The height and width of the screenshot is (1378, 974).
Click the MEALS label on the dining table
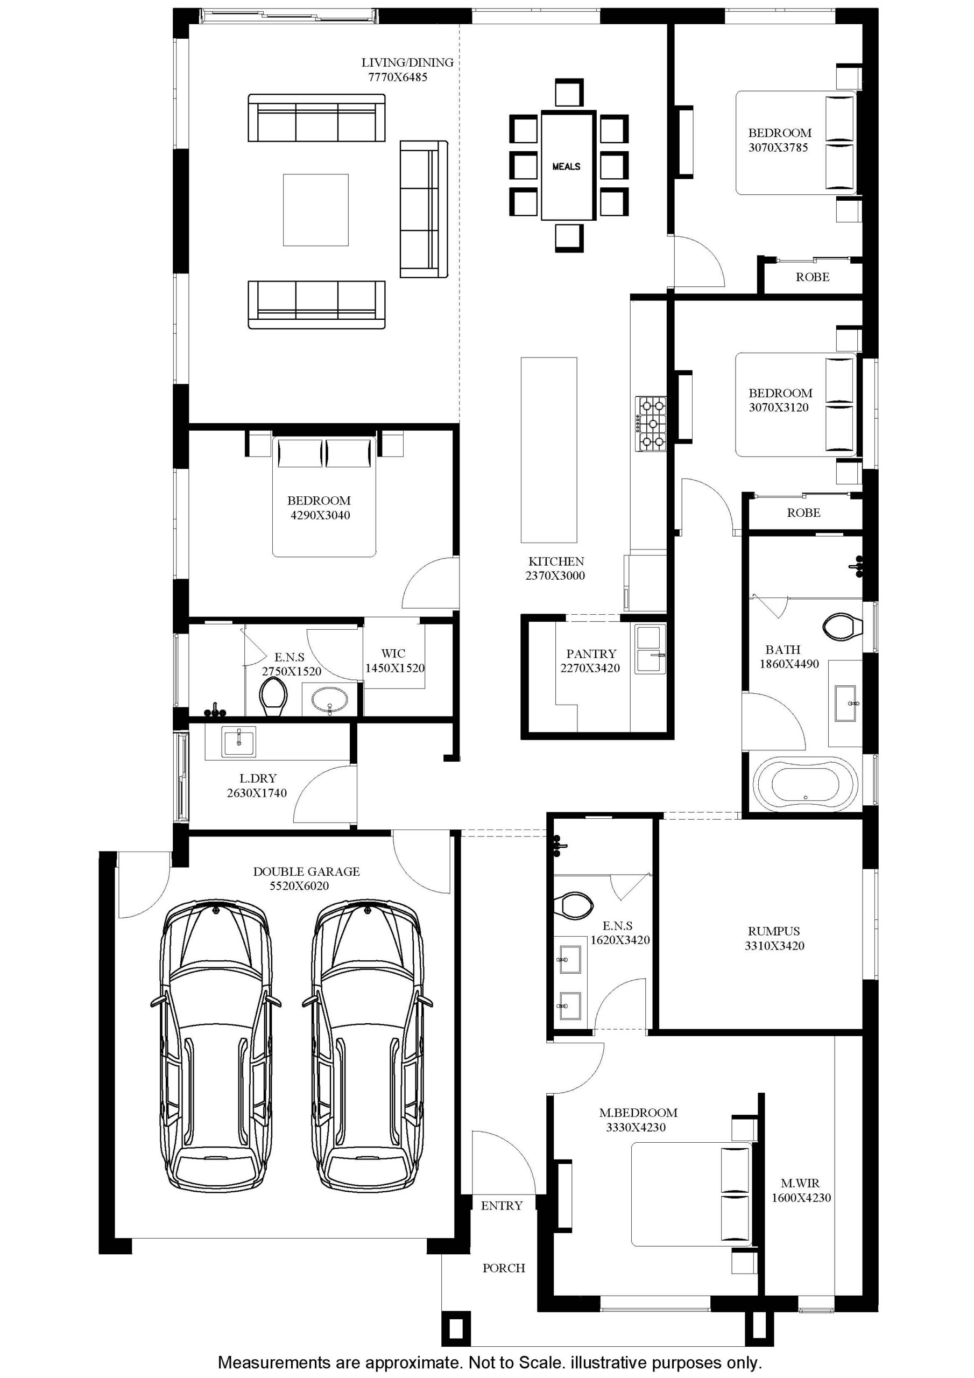566,166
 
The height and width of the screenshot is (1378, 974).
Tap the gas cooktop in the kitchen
652,424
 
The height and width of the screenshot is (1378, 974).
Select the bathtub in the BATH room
805,784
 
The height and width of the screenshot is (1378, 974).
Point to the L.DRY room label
258,778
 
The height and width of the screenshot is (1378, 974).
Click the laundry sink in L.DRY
239,742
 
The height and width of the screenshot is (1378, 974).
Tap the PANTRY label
591,653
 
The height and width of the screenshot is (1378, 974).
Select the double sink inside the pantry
651,649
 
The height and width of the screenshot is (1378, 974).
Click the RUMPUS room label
774,931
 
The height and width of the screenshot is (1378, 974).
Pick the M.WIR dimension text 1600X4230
801,1198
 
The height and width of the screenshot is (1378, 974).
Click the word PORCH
504,1268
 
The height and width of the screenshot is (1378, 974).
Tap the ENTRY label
502,1206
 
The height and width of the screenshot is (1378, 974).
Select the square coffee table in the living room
316,209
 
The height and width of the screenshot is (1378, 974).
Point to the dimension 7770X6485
398,77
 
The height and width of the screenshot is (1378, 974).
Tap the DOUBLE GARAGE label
306,871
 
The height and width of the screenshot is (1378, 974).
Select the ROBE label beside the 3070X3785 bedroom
813,277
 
